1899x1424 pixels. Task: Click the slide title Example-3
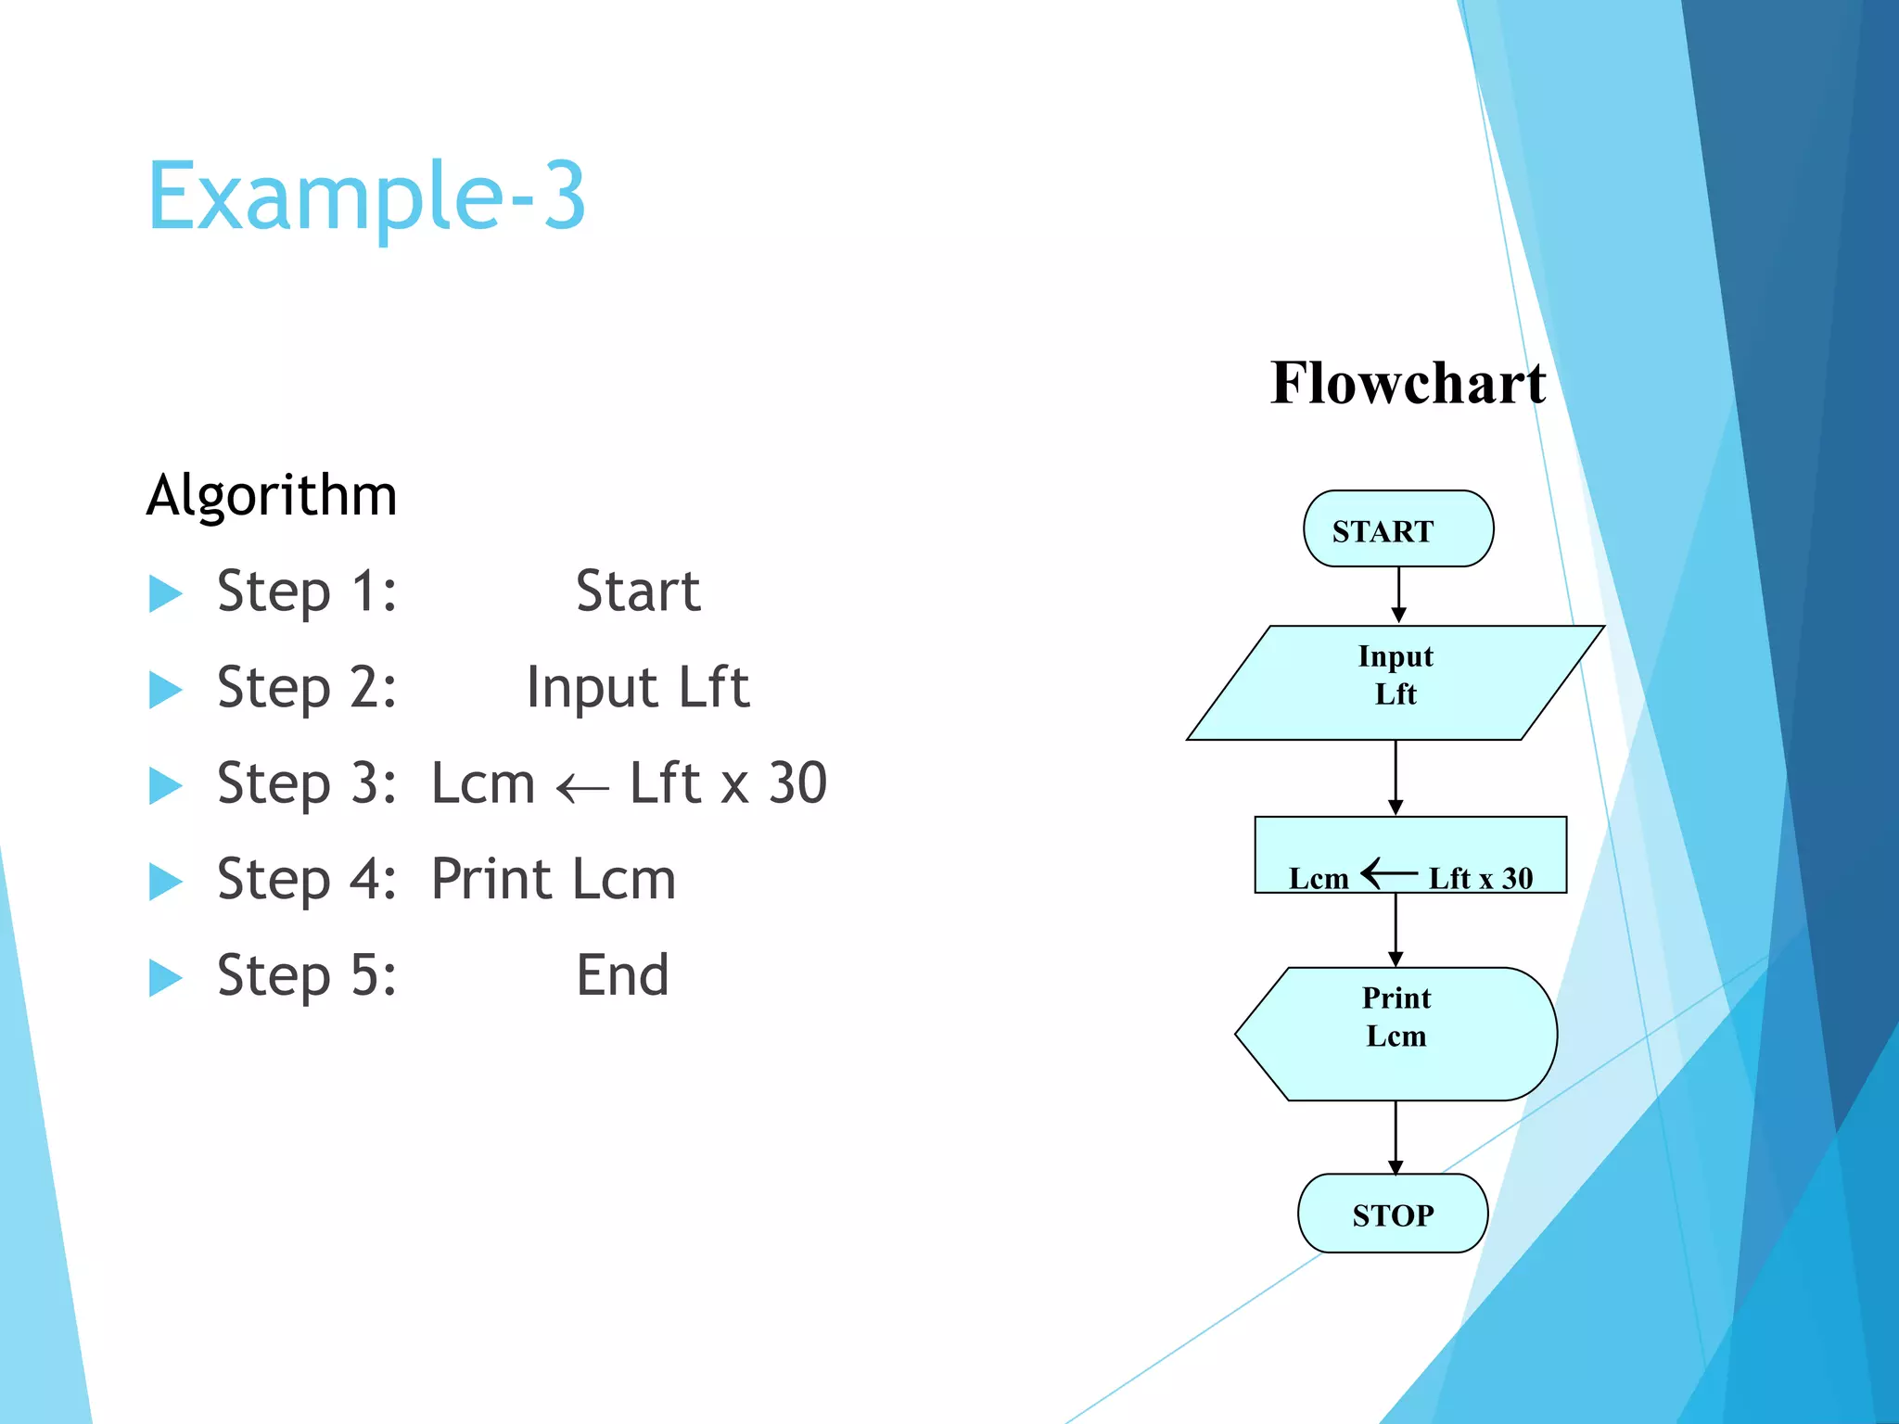[366, 197]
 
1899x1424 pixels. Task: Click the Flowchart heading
[1408, 383]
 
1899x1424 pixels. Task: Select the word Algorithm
[272, 495]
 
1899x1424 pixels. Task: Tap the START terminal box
[1397, 529]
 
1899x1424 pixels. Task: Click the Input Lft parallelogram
[1395, 682]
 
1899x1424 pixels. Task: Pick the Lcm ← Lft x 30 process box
[1409, 854]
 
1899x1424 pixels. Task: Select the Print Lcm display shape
[1396, 1034]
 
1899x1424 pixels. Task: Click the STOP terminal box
[1393, 1214]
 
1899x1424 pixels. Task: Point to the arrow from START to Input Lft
[1398, 594]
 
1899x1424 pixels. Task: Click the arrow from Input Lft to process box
[1396, 777]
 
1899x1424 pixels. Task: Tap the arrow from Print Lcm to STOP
[1396, 1137]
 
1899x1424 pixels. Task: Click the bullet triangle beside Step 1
[165, 593]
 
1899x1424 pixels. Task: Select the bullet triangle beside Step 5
[165, 977]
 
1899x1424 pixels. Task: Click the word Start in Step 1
[638, 591]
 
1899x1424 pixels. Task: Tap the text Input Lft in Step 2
[638, 688]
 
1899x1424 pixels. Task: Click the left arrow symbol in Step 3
[582, 788]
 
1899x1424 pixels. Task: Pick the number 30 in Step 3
[797, 783]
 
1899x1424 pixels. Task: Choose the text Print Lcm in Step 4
[554, 880]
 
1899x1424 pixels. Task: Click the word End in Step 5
[622, 975]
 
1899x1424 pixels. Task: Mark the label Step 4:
[307, 880]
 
